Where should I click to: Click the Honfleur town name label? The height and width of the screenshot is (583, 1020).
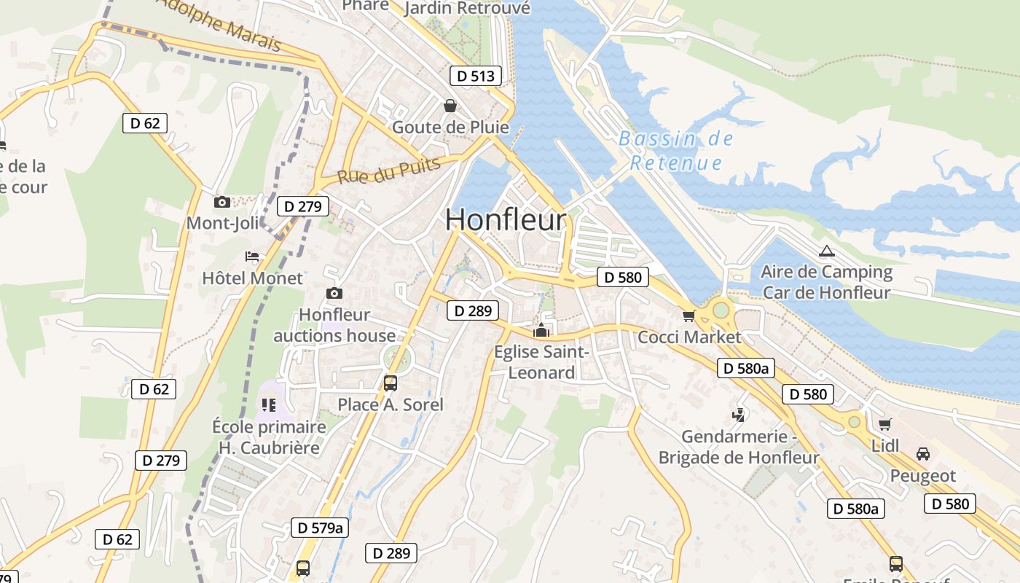click(505, 220)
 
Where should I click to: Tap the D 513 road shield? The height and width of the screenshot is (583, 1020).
click(476, 76)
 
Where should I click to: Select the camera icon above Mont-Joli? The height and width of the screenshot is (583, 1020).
click(222, 202)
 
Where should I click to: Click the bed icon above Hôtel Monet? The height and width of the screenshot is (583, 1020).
click(252, 257)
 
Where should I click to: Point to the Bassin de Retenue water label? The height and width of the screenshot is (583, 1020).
click(676, 151)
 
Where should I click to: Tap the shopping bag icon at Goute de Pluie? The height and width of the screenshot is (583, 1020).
click(450, 106)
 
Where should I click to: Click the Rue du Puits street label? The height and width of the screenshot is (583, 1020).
click(389, 171)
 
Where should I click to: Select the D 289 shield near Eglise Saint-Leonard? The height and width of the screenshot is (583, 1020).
click(472, 311)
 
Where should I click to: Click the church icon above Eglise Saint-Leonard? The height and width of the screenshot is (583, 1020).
click(541, 331)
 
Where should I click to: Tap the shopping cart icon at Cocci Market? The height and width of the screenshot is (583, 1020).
click(688, 316)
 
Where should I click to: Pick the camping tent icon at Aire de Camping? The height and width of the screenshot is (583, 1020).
click(825, 251)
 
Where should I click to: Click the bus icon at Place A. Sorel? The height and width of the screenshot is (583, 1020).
click(391, 383)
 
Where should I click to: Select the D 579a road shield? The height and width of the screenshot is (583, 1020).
click(318, 528)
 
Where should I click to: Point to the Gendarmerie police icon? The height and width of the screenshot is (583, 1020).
click(739, 415)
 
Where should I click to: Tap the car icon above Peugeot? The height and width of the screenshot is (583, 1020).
click(922, 453)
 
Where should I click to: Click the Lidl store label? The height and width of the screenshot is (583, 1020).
click(885, 445)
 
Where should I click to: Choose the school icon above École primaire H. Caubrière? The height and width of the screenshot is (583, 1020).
click(268, 404)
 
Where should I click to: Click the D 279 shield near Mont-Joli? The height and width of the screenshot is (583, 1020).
click(302, 206)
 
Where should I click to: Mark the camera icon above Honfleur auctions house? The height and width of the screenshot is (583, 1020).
click(334, 293)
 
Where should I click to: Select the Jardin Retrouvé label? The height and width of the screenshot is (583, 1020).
click(467, 8)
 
